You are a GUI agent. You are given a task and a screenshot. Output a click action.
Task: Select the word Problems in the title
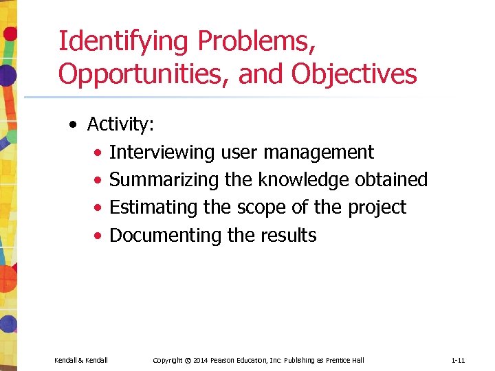coord(256,42)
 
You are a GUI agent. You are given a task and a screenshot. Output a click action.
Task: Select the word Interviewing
coord(162,153)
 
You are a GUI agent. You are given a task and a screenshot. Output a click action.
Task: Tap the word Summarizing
coord(165,180)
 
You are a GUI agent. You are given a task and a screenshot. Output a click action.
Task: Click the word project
coord(378,207)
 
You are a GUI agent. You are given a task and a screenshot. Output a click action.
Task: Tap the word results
coord(289,236)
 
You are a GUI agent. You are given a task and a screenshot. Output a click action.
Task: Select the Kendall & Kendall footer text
coord(81,360)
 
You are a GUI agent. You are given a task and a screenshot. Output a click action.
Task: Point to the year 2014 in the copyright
coord(201,360)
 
